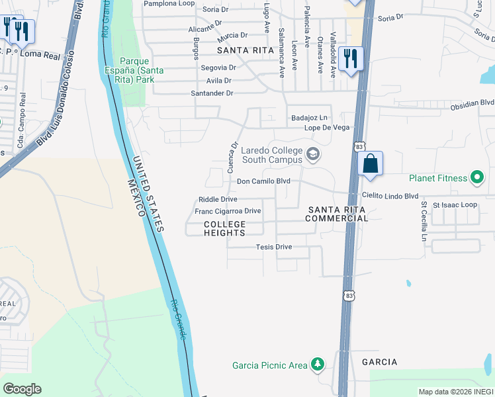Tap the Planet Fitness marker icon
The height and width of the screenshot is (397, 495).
pyautogui.click(x=476, y=177)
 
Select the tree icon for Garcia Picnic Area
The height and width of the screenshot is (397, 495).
pyautogui.click(x=318, y=365)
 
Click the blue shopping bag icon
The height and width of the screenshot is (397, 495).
pyautogui.click(x=371, y=163)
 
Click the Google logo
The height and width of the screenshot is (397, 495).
pyautogui.click(x=22, y=389)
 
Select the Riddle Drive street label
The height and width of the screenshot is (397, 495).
pyautogui.click(x=218, y=199)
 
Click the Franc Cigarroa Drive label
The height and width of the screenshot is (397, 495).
pyautogui.click(x=228, y=211)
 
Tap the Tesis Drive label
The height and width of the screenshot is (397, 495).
pyautogui.click(x=273, y=247)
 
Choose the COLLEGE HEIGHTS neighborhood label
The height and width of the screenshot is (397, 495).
pyautogui.click(x=224, y=228)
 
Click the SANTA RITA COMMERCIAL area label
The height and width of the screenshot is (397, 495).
pyautogui.click(x=337, y=214)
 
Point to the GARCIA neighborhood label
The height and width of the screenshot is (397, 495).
pyautogui.click(x=380, y=362)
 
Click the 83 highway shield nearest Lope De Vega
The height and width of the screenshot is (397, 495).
pyautogui.click(x=359, y=145)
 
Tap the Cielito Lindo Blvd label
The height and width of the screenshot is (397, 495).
pyautogui.click(x=390, y=196)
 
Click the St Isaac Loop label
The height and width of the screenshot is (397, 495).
pyautogui.click(x=455, y=205)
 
